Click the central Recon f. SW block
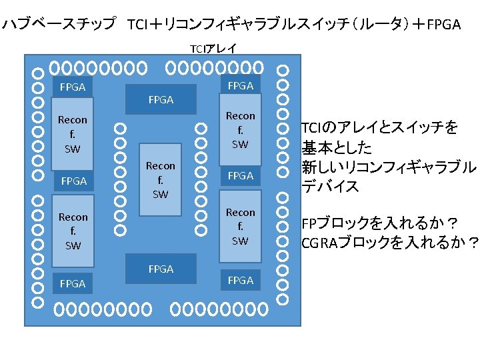[161, 179]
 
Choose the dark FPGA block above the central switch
[161, 99]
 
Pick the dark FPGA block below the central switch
[161, 269]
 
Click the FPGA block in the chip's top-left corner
[73, 87]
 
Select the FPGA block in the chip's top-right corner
[240, 85]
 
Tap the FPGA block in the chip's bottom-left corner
[73, 283]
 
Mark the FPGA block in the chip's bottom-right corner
[240, 280]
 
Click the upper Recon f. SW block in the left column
[73, 134]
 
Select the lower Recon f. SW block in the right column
[240, 227]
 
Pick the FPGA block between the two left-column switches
[73, 181]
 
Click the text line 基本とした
[337, 147]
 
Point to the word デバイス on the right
[331, 187]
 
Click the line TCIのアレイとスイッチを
[379, 128]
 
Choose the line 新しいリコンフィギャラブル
[389, 167]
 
